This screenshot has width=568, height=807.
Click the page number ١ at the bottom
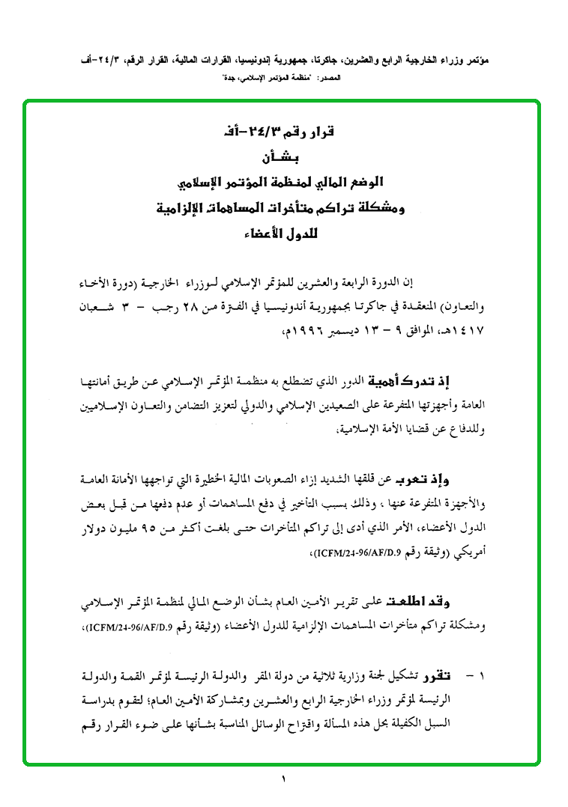coord(285,780)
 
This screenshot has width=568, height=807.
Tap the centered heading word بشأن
coord(284,159)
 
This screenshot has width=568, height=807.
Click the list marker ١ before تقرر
coord(481,677)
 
